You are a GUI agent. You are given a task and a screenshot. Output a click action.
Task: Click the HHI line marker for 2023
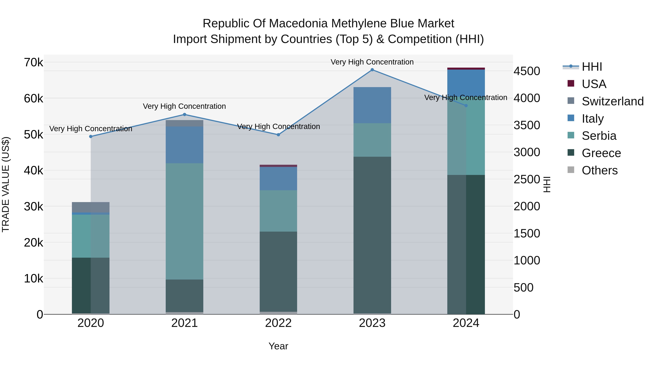click(372, 70)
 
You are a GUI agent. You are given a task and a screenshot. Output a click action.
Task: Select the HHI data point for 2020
click(91, 136)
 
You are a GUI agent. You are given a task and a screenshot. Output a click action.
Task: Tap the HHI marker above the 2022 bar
click(278, 135)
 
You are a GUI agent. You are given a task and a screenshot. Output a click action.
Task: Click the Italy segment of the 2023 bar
click(372, 105)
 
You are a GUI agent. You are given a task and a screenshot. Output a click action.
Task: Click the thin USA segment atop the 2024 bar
click(466, 69)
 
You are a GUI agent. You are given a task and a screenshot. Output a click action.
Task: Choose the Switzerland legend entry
click(612, 101)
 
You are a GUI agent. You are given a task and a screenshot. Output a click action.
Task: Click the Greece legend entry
click(601, 153)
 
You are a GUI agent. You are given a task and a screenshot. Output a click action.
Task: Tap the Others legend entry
click(599, 170)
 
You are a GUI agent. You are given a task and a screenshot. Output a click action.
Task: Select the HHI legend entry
click(592, 67)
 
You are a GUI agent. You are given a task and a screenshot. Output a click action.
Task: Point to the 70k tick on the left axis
click(33, 62)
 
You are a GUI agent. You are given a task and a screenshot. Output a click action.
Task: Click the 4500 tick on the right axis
click(527, 71)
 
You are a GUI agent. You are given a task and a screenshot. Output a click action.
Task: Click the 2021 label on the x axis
click(184, 323)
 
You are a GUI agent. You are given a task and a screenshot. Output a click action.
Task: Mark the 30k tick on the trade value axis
click(33, 206)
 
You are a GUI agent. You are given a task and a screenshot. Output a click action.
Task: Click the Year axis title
click(278, 346)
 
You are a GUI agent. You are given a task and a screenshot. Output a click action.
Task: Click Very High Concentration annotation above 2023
click(372, 62)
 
